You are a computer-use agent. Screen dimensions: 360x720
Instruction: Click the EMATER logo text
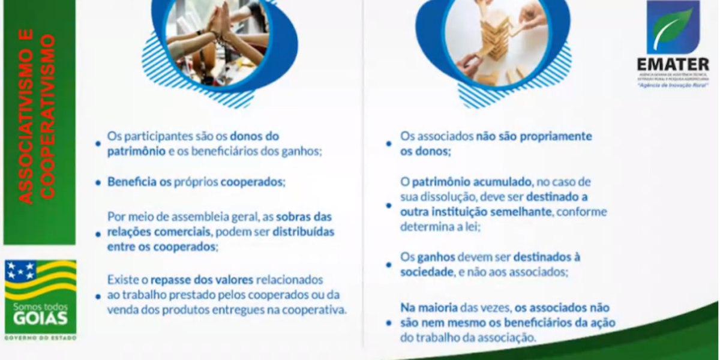673,64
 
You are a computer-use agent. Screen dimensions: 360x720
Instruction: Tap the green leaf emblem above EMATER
673,27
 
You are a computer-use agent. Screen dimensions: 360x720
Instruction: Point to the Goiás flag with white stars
40,278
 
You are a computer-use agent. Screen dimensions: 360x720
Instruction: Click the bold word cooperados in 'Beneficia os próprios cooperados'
252,181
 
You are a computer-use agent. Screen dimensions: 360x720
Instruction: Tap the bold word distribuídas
304,231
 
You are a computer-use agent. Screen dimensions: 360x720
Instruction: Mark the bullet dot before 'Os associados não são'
389,144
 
